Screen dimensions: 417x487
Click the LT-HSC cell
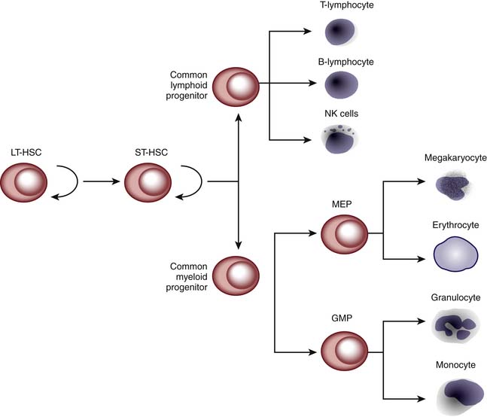(25, 181)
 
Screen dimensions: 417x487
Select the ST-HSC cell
(148, 181)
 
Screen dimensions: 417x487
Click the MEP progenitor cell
(344, 234)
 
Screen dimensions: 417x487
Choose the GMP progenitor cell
(344, 350)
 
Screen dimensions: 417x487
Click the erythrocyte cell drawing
(455, 254)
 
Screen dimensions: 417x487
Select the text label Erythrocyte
(455, 224)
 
